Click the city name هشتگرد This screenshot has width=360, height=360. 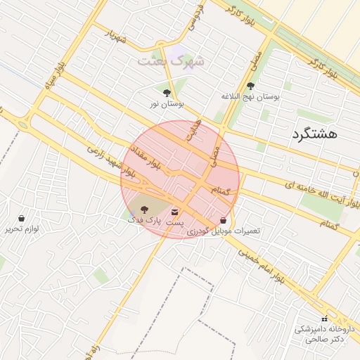click(x=314, y=132)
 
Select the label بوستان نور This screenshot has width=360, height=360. click(x=167, y=103)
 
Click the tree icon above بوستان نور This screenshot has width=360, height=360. click(x=167, y=92)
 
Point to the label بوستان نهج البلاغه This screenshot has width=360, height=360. click(x=250, y=96)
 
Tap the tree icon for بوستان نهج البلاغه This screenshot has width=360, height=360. click(x=250, y=86)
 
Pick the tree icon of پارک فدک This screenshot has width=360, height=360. click(x=144, y=210)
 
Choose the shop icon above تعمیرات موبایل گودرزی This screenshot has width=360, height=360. click(x=224, y=220)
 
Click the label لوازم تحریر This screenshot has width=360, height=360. click(x=22, y=229)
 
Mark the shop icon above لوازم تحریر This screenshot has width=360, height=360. click(x=22, y=218)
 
